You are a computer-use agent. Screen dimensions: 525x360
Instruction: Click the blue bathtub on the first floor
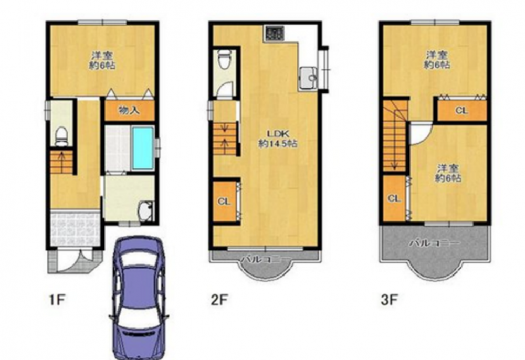(x=143, y=148)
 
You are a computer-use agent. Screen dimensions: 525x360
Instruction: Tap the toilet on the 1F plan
(x=61, y=136)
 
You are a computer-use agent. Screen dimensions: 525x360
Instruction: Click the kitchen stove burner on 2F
(x=275, y=34)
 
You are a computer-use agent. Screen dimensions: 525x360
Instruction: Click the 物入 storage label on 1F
(x=129, y=110)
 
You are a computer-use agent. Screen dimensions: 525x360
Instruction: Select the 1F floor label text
(x=57, y=300)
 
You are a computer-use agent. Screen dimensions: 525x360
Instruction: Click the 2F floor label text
(x=219, y=300)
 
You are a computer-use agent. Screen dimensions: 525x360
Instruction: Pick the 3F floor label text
(x=390, y=300)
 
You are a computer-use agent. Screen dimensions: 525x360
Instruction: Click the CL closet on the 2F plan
(x=225, y=201)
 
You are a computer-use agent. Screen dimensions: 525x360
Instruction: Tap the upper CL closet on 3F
(x=461, y=110)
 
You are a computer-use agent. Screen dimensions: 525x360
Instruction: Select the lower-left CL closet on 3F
(x=395, y=199)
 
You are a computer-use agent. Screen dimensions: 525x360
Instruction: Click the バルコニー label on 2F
(x=266, y=259)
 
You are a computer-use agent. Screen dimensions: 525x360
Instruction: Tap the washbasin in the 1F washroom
(x=146, y=210)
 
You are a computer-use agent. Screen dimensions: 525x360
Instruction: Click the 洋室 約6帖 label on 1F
(x=102, y=60)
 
